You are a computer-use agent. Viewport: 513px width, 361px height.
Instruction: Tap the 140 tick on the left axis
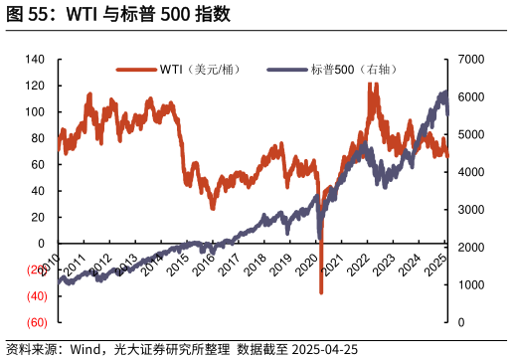(36, 60)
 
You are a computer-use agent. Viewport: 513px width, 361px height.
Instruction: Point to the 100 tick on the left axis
(36, 112)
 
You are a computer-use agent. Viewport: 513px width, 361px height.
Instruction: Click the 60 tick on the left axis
(40, 165)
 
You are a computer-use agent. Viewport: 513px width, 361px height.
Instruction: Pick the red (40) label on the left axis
(36, 296)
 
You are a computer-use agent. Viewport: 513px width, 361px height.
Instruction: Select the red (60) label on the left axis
(36, 322)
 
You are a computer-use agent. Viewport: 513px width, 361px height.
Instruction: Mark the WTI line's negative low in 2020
(321, 291)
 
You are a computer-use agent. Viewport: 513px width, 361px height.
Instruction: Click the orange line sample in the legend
(136, 69)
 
